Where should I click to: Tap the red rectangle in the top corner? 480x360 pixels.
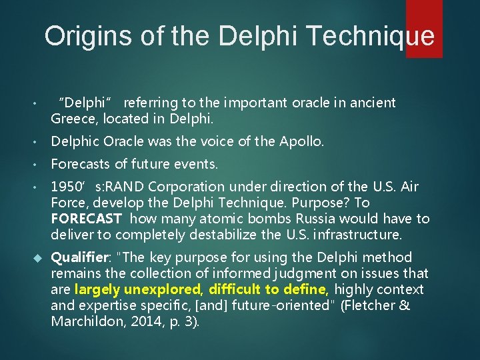[424, 28]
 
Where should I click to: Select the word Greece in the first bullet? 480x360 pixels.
[72, 119]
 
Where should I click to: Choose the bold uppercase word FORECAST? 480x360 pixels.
[87, 219]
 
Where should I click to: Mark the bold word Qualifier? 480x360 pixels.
[79, 257]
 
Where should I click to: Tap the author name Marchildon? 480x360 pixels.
[87, 321]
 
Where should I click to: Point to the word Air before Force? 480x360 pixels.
[406, 187]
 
